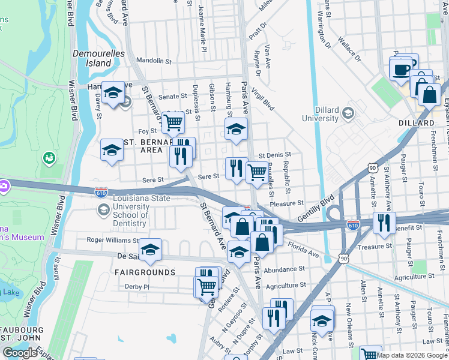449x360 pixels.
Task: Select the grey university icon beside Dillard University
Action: click(348, 113)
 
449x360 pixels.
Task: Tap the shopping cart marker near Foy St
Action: click(173, 122)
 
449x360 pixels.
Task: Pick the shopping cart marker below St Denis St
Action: click(257, 172)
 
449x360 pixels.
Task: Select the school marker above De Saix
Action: click(149, 249)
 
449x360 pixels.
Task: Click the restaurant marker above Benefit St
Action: click(382, 222)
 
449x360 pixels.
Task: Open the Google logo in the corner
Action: click(20, 353)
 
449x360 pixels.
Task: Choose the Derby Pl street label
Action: click(137, 287)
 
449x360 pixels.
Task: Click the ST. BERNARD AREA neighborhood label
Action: click(143, 146)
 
